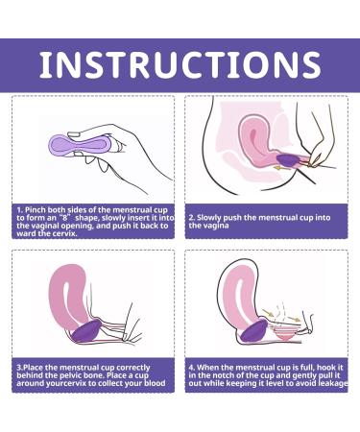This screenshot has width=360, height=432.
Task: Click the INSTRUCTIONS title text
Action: (x=180, y=65)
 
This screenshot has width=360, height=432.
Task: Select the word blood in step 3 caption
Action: (x=154, y=383)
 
